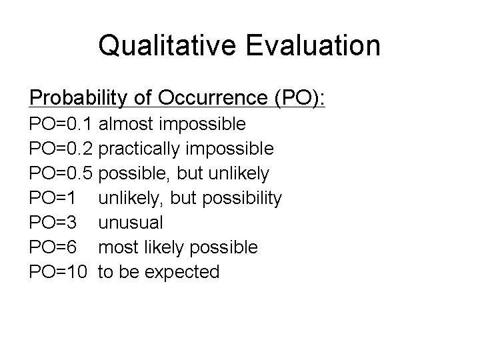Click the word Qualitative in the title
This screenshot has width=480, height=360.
point(167,45)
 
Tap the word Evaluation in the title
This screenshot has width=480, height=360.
point(313,45)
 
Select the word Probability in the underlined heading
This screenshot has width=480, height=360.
point(78,98)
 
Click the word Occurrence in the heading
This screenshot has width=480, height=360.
point(213,97)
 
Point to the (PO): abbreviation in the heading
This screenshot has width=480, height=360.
point(300,98)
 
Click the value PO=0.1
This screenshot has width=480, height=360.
point(60,124)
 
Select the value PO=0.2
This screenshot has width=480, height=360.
point(61,149)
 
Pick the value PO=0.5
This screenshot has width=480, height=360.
point(61,173)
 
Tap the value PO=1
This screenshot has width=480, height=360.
point(52,197)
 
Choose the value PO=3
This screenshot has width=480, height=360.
point(53,222)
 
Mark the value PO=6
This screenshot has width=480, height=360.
point(53,247)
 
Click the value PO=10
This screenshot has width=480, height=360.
point(58,271)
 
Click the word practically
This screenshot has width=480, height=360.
point(139,149)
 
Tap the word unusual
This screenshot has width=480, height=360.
point(131,223)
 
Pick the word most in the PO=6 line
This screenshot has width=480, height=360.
point(118,247)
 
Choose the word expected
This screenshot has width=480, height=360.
point(182,272)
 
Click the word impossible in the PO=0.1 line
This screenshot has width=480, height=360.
point(203,125)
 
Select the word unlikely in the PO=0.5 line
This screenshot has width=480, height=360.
point(239,173)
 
